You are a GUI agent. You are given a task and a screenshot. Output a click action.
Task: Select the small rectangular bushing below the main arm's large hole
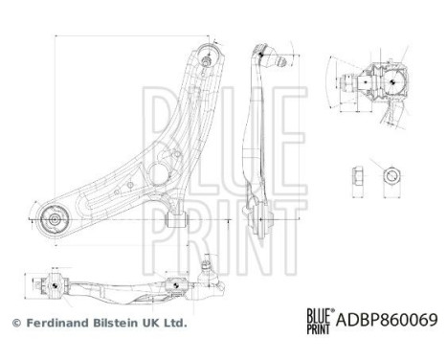click(x=175, y=219)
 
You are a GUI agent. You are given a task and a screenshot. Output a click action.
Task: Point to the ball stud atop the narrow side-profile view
click(x=280, y=60)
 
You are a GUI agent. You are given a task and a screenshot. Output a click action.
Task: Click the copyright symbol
click(x=15, y=324)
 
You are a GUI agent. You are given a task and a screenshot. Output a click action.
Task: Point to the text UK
click(x=152, y=324)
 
